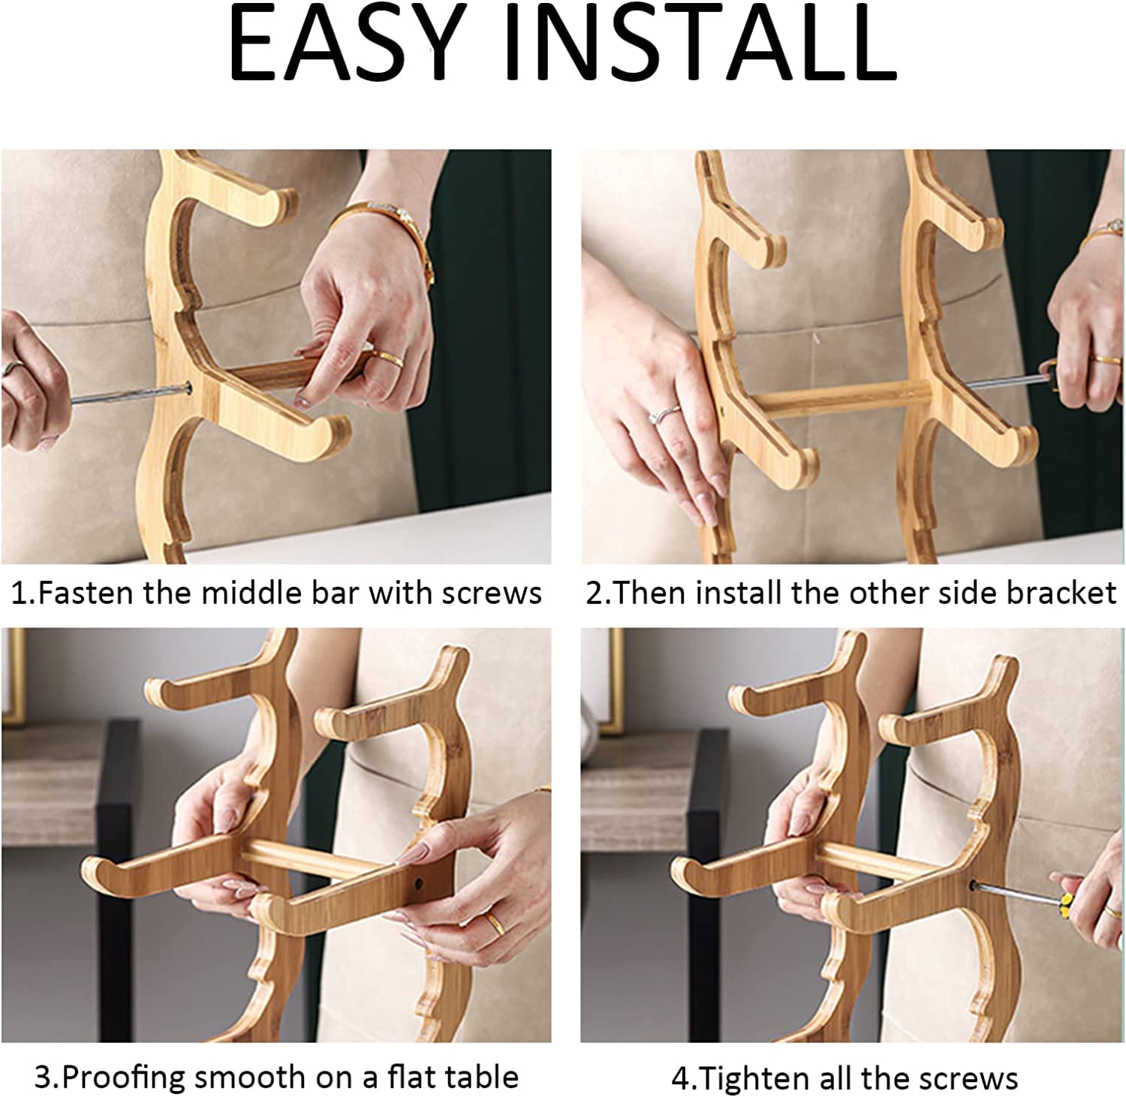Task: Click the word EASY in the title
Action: tap(343, 44)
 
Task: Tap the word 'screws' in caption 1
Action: tap(492, 594)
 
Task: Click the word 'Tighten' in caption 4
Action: tap(753, 1078)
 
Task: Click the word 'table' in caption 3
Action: tap(485, 1077)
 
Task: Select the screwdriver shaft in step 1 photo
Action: tap(128, 394)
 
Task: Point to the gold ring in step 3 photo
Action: tap(493, 921)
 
